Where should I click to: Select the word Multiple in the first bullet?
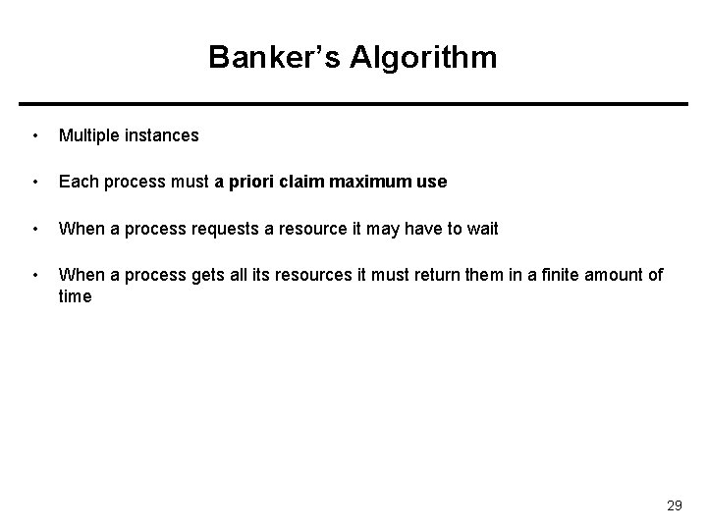click(89, 135)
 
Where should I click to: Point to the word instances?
click(162, 135)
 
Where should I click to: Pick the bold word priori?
click(251, 182)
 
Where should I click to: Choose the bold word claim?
click(303, 182)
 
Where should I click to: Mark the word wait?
click(481, 229)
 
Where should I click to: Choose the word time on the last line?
click(75, 295)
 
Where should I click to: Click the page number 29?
click(674, 505)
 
